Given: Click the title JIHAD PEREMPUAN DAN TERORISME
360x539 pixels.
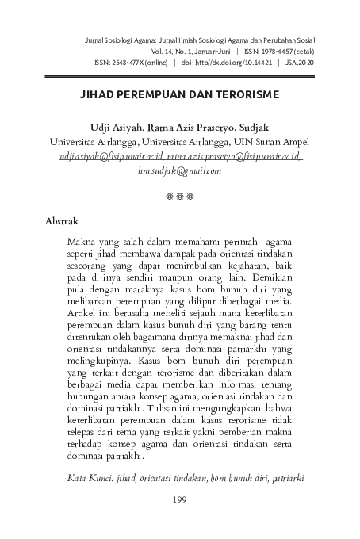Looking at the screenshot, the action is (179, 93).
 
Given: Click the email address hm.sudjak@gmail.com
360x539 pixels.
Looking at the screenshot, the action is (179, 170).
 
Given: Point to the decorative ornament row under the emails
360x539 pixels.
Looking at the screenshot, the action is (179, 193).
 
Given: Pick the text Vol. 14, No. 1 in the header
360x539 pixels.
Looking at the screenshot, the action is (186, 49).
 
